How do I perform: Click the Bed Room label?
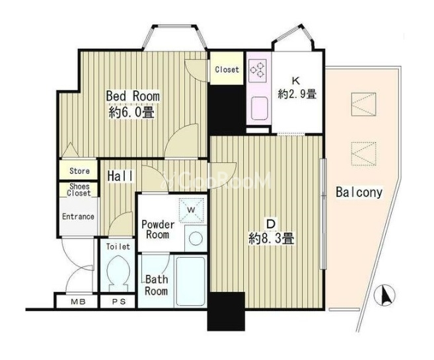tap(133, 96)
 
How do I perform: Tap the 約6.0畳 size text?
tap(131, 112)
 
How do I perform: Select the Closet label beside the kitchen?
tap(227, 69)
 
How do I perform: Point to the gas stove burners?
tap(258, 70)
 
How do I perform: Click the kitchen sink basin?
tap(260, 108)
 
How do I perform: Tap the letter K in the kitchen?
tap(296, 81)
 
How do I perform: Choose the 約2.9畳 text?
tap(297, 94)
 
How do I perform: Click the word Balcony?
tap(359, 192)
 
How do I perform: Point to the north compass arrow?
tap(384, 295)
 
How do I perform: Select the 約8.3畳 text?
tap(271, 238)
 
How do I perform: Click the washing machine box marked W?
tap(192, 210)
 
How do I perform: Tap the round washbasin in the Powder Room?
tap(196, 238)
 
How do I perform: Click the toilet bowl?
tap(118, 273)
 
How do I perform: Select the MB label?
tap(78, 302)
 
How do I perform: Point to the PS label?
tap(119, 302)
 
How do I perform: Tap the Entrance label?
tap(78, 217)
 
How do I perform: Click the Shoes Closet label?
tap(79, 190)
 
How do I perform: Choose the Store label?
tap(79, 171)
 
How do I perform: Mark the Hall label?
tap(121, 176)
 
